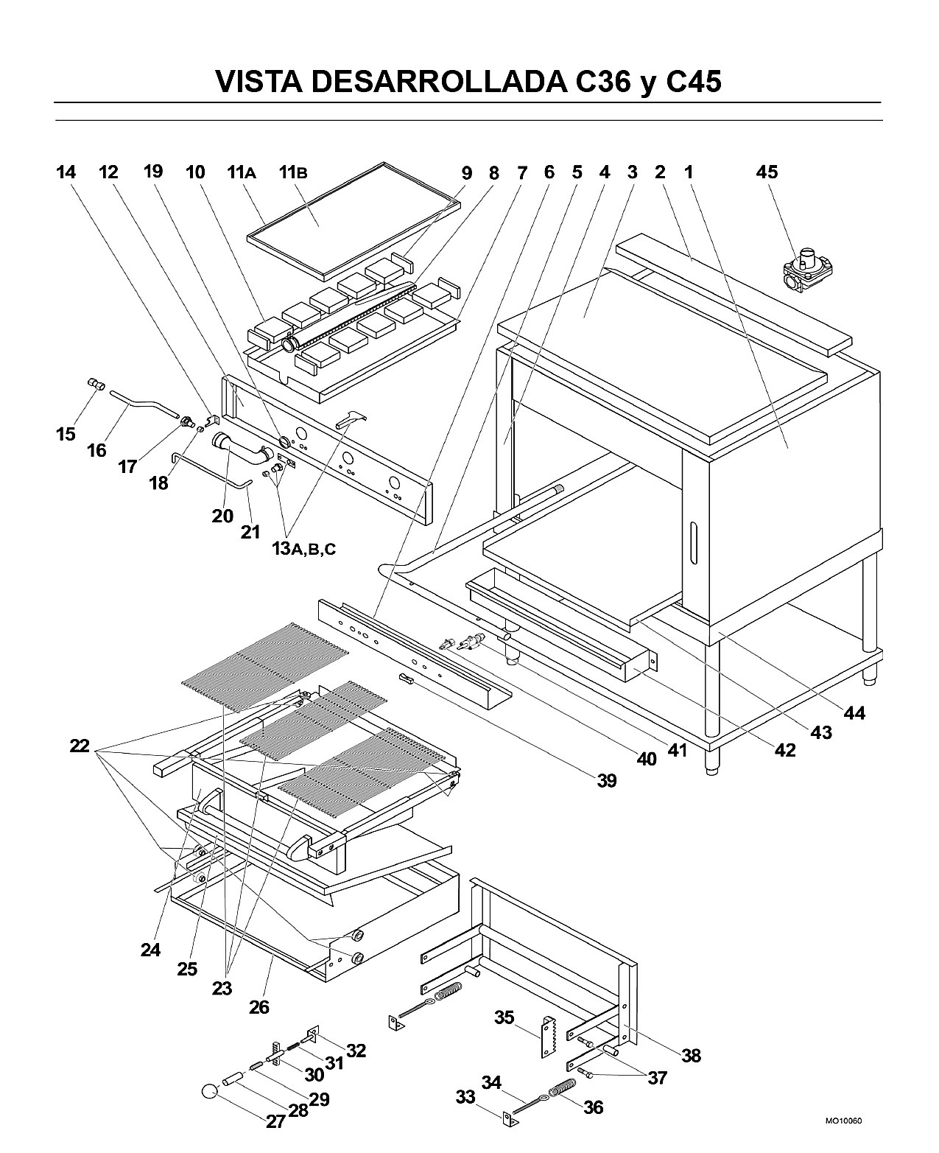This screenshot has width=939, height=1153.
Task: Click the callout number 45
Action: pos(767,172)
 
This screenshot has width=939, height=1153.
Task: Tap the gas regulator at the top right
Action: pos(807,270)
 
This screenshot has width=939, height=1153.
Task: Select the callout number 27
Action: pos(275,1122)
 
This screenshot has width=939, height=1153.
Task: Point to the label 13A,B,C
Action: pos(303,549)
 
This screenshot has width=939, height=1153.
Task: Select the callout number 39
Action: pos(607,780)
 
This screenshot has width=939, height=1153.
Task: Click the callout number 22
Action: pos(80,746)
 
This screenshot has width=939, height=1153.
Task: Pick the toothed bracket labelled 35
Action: pos(549,1037)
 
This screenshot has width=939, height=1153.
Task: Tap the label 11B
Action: pos(293,172)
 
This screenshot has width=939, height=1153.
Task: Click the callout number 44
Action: pos(854,713)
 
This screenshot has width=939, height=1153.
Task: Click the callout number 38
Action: pos(691,1055)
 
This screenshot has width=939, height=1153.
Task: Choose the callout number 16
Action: pos(97,450)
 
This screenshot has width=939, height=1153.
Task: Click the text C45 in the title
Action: pos(694,82)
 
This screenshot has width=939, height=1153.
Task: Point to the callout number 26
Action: pos(259,1007)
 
